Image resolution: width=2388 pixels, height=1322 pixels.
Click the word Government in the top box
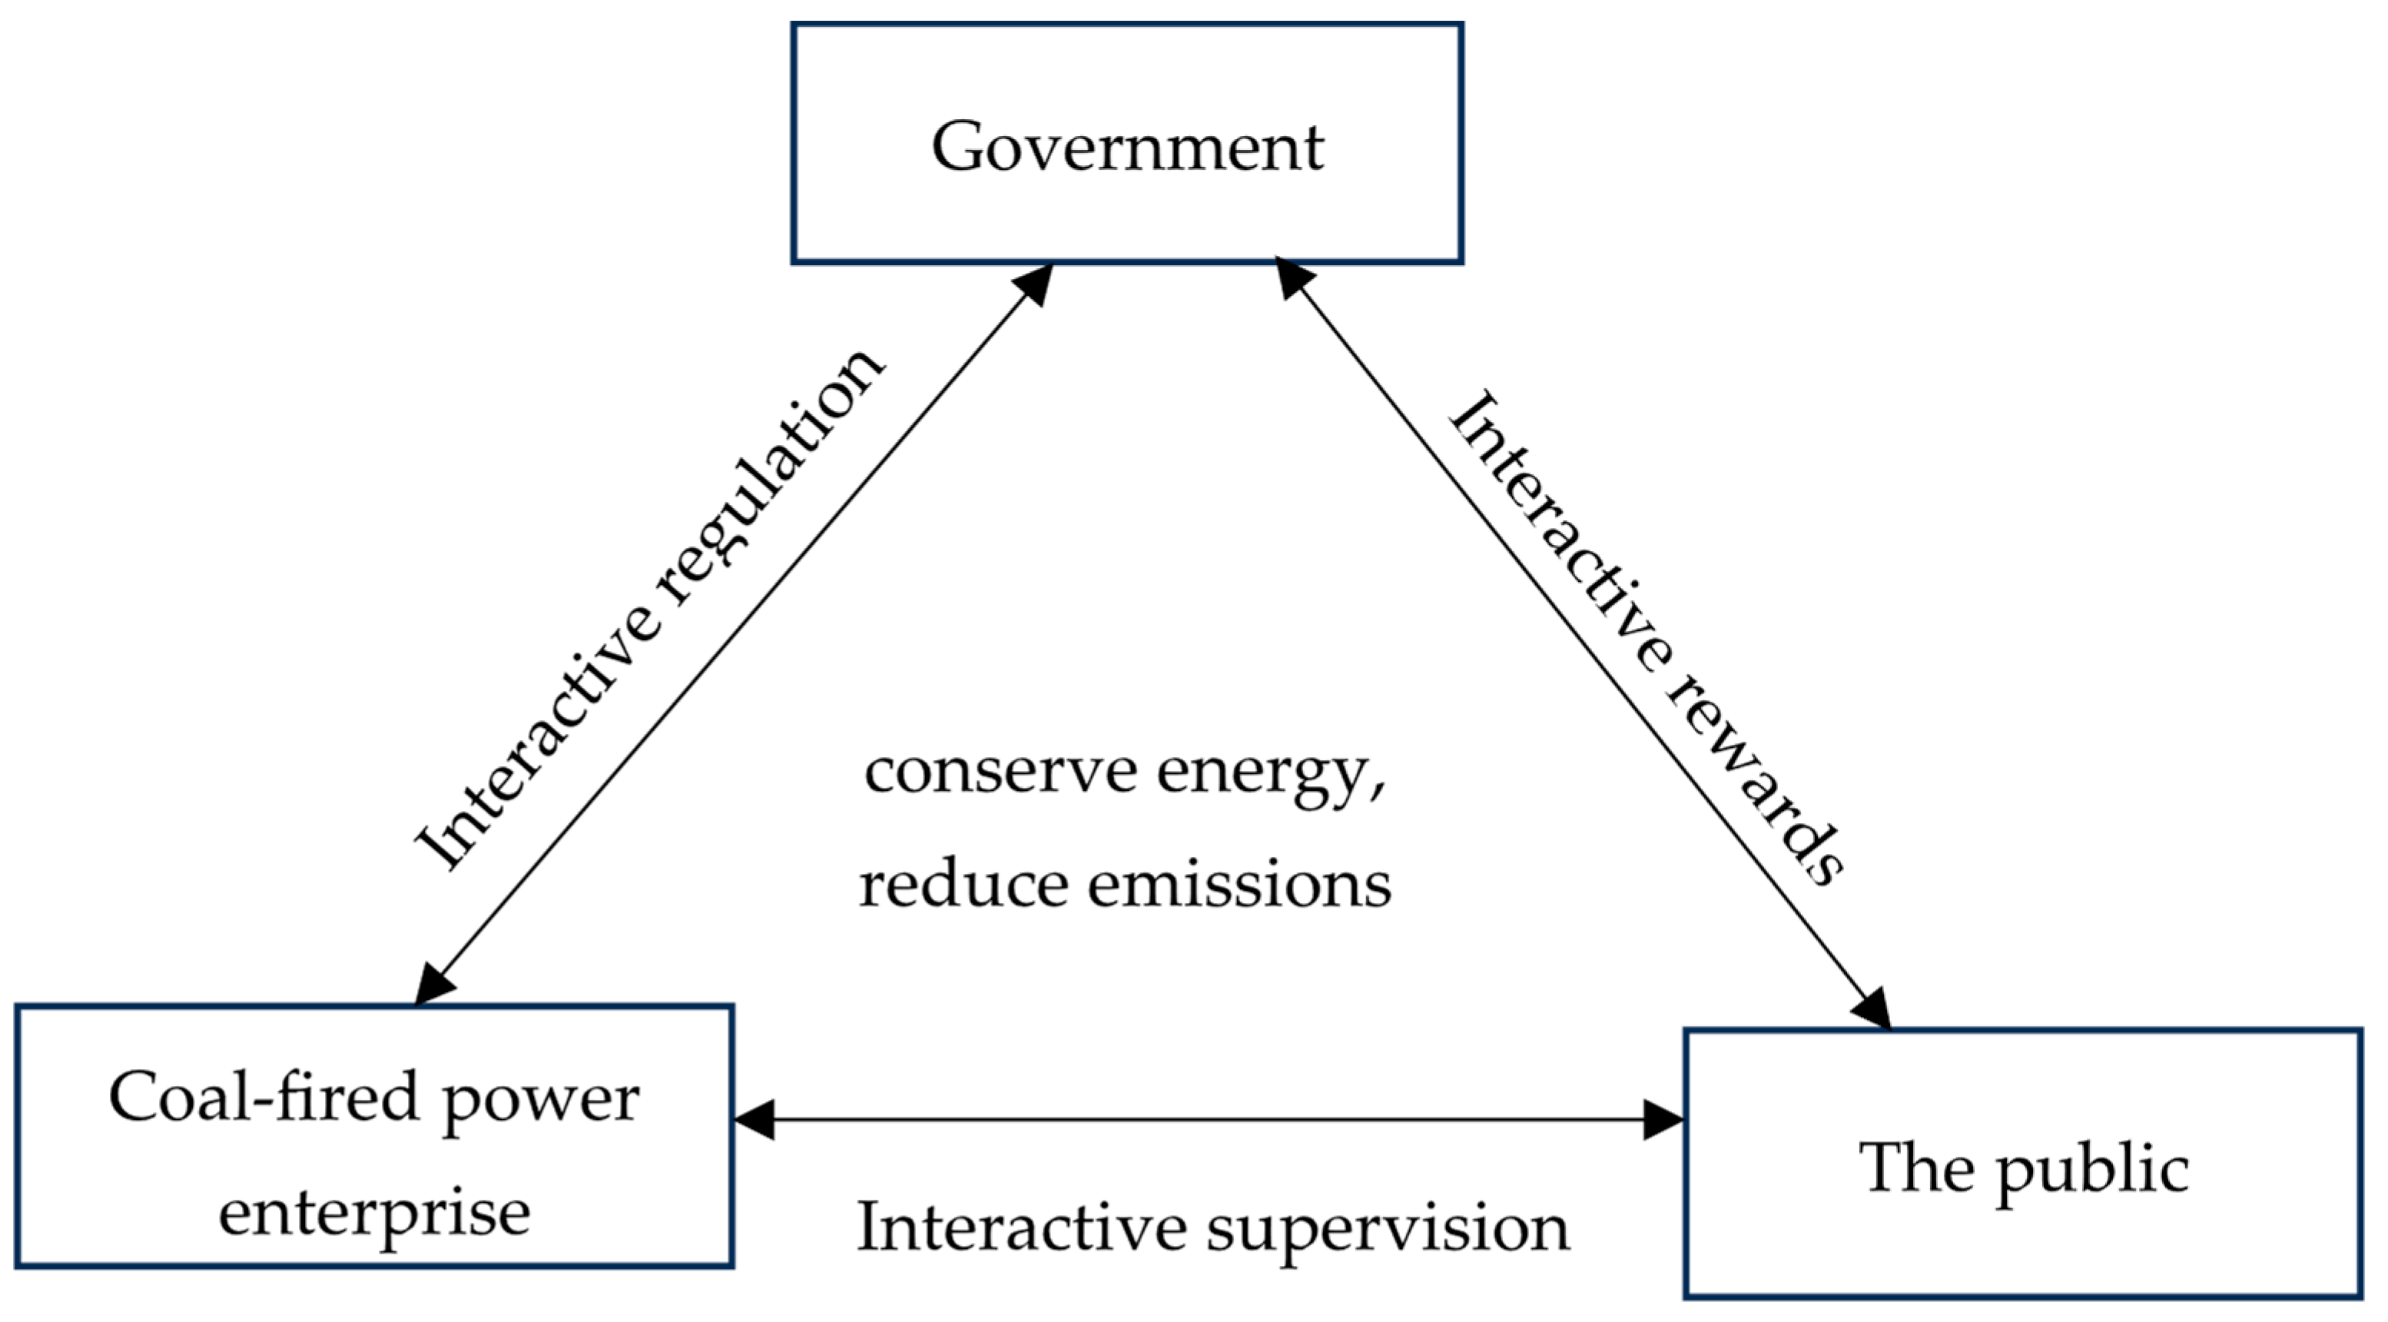coord(1127,147)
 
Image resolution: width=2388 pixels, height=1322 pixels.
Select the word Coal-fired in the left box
coord(264,1098)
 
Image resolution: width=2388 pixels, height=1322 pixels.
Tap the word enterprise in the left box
coord(373,1211)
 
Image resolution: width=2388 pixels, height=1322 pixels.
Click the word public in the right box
coord(2092,1170)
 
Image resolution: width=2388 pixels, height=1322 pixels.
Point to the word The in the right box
coord(1916,1166)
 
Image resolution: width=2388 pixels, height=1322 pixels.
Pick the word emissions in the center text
coord(1239,885)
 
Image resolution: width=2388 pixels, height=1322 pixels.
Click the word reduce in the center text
coord(963,885)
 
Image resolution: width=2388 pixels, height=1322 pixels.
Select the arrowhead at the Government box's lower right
coord(1295,277)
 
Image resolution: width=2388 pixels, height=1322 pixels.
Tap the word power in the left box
coord(540,1101)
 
